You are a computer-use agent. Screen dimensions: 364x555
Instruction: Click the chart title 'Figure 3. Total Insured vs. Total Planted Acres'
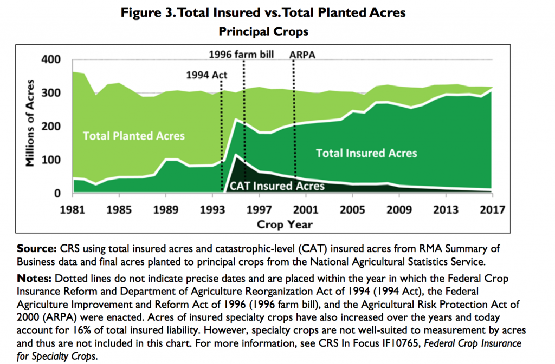point(263,13)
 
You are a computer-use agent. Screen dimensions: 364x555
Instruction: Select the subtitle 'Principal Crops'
point(263,31)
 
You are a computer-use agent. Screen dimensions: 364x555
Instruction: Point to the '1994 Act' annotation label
point(206,75)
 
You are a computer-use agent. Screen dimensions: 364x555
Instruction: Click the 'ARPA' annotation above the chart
point(302,55)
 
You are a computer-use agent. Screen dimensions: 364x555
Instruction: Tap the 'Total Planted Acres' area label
point(133,136)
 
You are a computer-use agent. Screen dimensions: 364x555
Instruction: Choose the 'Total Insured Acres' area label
point(366,153)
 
